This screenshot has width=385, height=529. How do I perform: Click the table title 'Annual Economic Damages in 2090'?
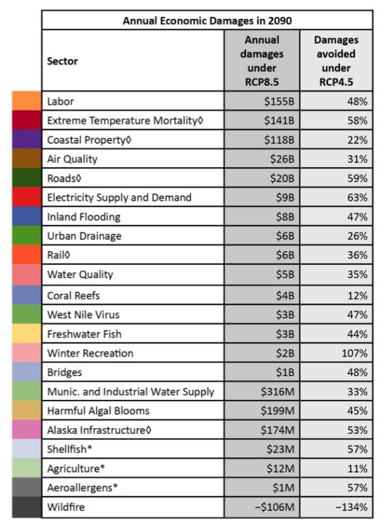coord(207,20)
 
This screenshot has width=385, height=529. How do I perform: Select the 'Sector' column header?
coord(62,61)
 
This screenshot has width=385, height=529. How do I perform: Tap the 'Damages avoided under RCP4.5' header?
coord(336,61)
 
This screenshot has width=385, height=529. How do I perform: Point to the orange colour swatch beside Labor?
coord(27,100)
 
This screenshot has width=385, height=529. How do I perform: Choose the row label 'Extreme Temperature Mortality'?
coord(125,121)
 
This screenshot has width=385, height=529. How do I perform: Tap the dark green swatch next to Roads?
coord(27,178)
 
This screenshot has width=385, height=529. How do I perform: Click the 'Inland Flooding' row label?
coord(84,216)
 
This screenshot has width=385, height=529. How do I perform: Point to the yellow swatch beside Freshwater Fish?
coord(27,333)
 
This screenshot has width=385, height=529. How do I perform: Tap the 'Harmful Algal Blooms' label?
coord(98,410)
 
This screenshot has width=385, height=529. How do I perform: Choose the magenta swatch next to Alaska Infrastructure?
coord(27,429)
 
